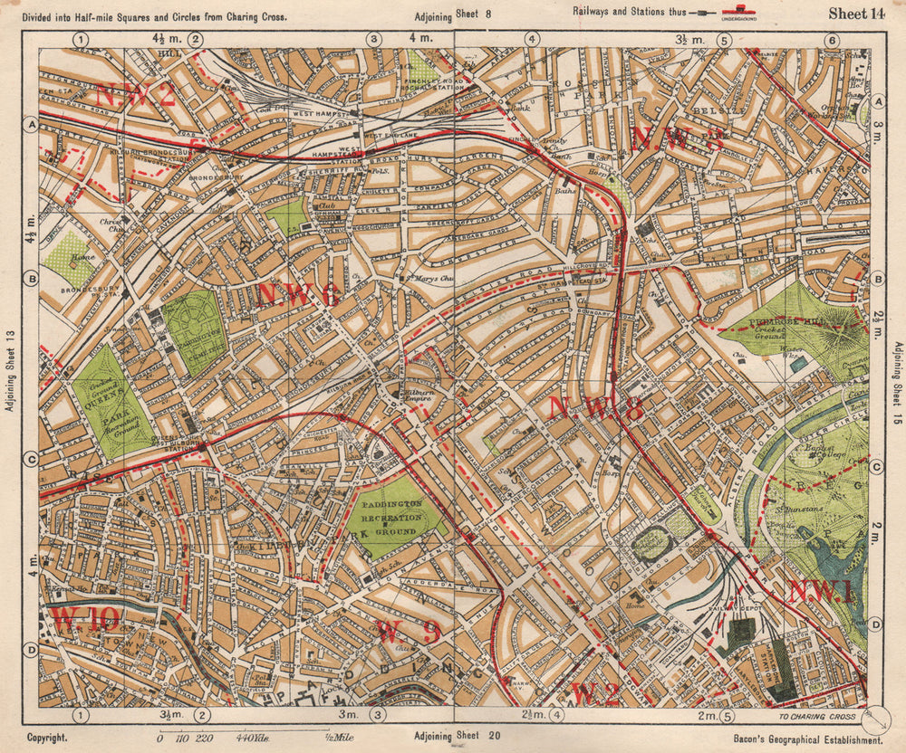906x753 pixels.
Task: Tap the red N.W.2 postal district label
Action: [x=135, y=94]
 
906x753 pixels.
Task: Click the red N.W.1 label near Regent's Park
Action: [x=819, y=592]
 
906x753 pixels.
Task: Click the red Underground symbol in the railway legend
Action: [x=739, y=14]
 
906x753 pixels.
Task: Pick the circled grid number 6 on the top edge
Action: [x=830, y=39]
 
